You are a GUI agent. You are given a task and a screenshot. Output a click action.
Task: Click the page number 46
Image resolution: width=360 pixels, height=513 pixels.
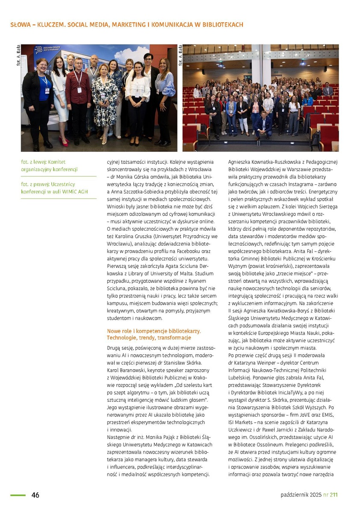coord(35,495)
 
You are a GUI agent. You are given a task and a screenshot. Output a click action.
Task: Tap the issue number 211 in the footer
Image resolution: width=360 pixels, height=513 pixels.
coord(333,495)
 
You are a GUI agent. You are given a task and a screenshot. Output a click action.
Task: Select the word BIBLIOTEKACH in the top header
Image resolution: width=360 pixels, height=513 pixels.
coord(220,25)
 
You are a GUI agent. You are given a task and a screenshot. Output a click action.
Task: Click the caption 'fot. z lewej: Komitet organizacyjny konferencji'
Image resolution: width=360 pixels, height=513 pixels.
coord(49,166)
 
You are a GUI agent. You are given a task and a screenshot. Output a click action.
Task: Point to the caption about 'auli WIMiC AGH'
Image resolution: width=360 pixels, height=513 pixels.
coord(54,188)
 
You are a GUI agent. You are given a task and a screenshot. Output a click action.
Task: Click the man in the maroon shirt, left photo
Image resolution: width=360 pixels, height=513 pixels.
coord(78,98)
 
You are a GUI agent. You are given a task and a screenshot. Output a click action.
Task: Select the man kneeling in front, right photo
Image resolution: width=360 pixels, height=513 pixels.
coord(263,124)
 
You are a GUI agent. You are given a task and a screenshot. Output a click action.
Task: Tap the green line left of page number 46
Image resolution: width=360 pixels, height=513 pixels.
coord(18,495)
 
